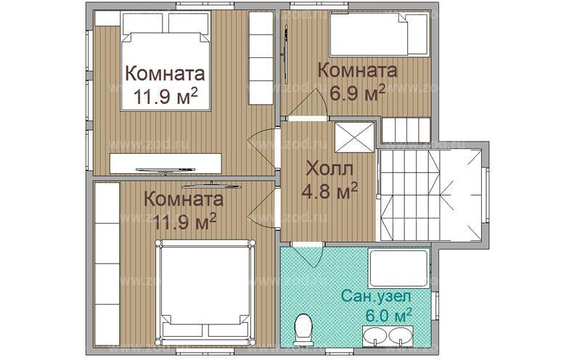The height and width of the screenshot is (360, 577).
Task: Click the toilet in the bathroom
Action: point(304,328)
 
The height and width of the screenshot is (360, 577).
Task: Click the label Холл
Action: point(330,171)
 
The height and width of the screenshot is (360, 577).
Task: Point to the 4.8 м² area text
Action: point(330,192)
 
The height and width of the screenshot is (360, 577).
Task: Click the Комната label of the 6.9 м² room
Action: point(357,71)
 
